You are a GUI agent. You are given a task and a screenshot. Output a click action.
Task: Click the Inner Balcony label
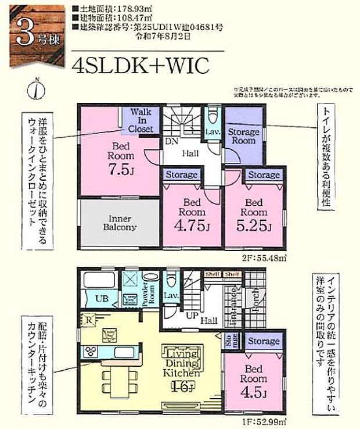coord(121,223)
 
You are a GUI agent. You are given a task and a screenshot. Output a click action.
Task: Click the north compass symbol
coord(38,90)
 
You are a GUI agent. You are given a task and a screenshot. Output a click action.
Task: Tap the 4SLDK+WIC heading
coord(140,66)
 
